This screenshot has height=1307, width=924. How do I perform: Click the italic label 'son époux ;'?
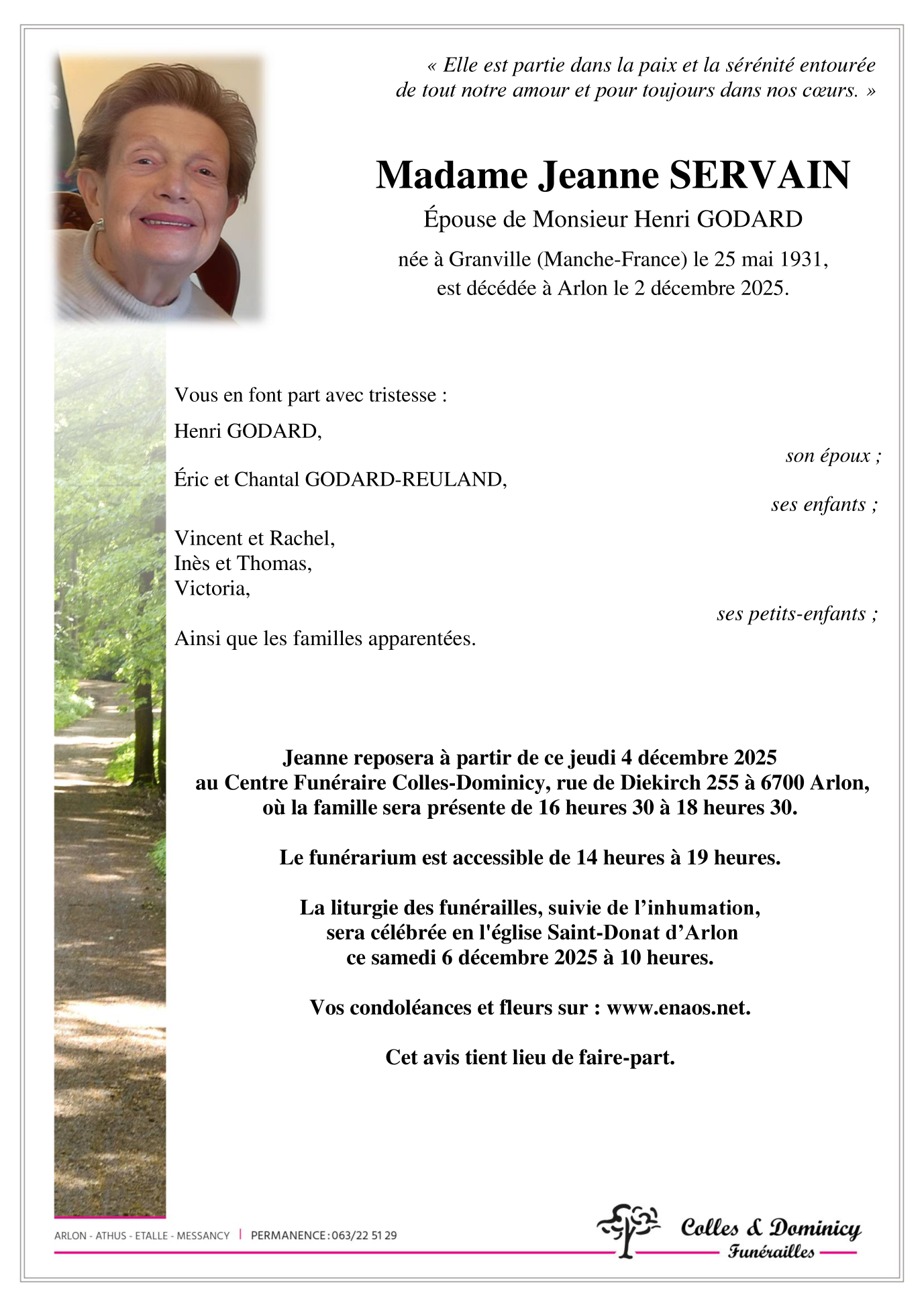[x=833, y=456]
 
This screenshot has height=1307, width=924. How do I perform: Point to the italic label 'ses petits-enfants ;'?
[x=797, y=614]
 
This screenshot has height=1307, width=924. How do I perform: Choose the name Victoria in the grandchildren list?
[x=211, y=588]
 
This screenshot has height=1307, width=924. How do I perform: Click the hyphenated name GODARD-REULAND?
[x=405, y=479]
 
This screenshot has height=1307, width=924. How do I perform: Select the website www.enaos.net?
[x=678, y=1007]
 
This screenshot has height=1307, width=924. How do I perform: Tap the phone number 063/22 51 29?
[x=364, y=1235]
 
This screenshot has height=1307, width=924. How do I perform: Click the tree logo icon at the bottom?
[x=628, y=1230]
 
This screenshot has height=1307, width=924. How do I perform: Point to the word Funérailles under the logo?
[x=771, y=1251]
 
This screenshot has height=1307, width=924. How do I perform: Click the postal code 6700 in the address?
[x=782, y=783]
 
